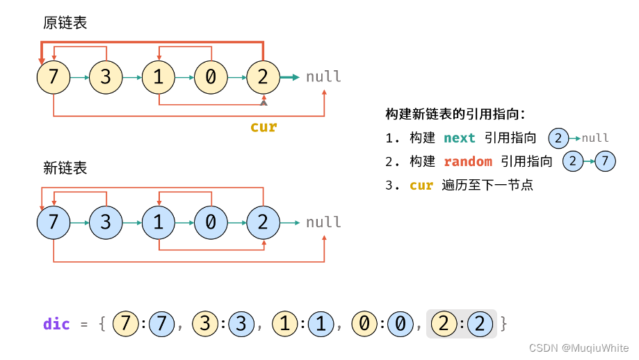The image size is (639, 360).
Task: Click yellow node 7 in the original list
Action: pyautogui.click(x=54, y=76)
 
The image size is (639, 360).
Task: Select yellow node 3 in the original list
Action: pyautogui.click(x=106, y=76)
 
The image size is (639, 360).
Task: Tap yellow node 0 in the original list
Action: pyautogui.click(x=211, y=76)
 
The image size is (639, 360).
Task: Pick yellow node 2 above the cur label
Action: pyautogui.click(x=263, y=76)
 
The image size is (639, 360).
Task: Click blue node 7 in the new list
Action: pyautogui.click(x=54, y=222)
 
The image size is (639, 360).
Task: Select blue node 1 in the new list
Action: pyautogui.click(x=159, y=222)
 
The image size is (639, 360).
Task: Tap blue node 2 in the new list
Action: pyautogui.click(x=263, y=222)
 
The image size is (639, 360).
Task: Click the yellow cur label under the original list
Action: pyautogui.click(x=264, y=127)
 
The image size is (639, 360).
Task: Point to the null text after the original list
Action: pyautogui.click(x=323, y=76)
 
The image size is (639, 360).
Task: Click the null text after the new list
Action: pyautogui.click(x=323, y=222)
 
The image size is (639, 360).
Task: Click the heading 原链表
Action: pyautogui.click(x=65, y=24)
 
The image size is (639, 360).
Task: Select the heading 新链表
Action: pyautogui.click(x=65, y=167)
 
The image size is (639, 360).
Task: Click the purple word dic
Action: pyautogui.click(x=56, y=324)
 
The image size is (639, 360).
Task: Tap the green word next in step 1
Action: pyautogui.click(x=459, y=138)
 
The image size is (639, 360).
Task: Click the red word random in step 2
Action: pyautogui.click(x=467, y=162)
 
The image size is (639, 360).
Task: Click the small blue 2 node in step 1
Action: pyautogui.click(x=558, y=138)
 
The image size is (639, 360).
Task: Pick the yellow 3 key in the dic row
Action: pyautogui.click(x=204, y=324)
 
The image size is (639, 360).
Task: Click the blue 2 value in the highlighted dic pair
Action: pyautogui.click(x=480, y=324)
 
